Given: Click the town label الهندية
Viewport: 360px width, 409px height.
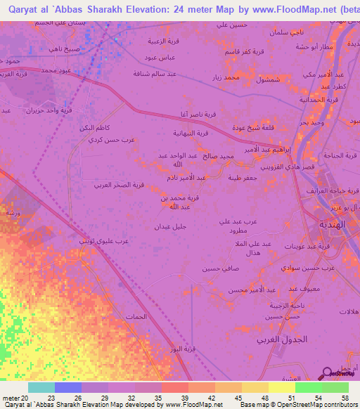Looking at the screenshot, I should point(330,221).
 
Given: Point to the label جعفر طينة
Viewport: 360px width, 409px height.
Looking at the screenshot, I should point(241,178).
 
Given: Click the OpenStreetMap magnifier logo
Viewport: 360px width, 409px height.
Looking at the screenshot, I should point(328,373).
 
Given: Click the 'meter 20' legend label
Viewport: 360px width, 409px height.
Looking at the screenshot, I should point(16,397).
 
